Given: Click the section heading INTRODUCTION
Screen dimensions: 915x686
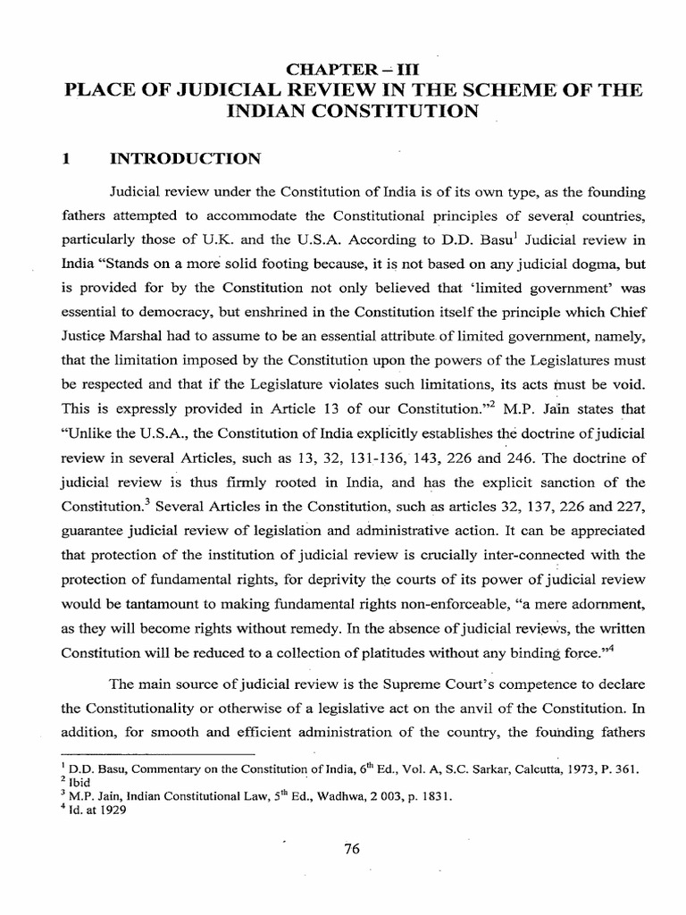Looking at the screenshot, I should click(x=184, y=159).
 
